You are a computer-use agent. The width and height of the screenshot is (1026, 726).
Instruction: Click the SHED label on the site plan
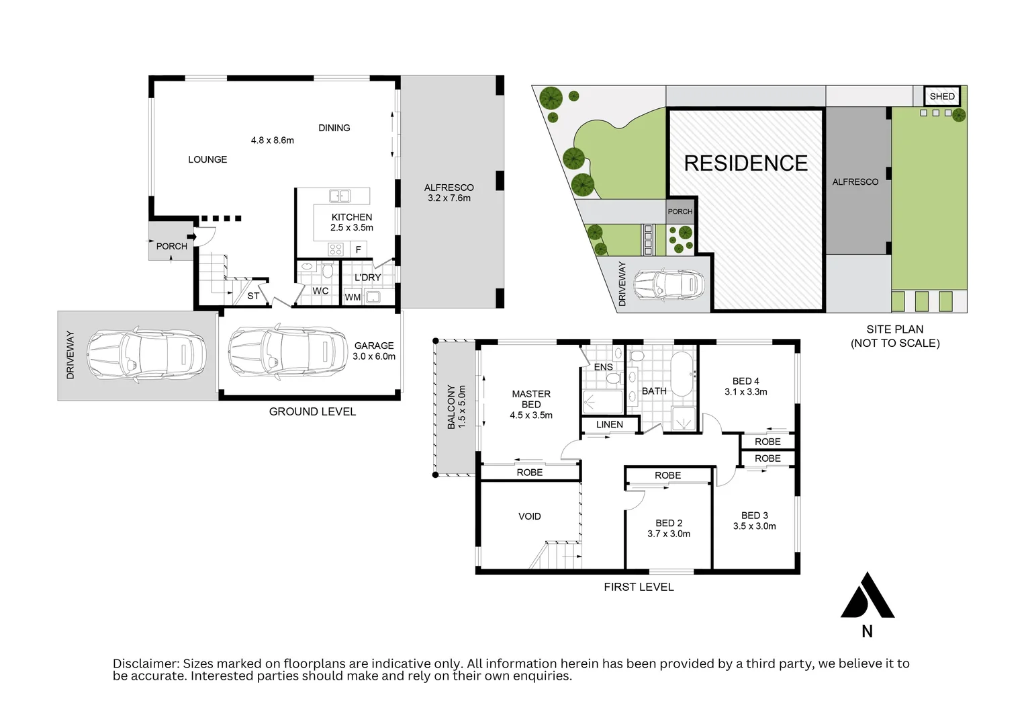coord(941,96)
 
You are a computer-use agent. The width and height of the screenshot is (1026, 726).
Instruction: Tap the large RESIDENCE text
coord(745,163)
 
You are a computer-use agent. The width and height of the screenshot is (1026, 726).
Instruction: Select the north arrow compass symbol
coord(867,596)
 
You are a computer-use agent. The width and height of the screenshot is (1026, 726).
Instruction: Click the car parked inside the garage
coord(281,352)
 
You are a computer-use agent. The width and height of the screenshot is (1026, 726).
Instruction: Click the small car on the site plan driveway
coord(669,284)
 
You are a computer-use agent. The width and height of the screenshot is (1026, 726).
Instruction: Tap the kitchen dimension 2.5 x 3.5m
coord(351,228)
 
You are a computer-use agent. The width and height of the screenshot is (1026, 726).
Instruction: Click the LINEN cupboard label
coord(609,424)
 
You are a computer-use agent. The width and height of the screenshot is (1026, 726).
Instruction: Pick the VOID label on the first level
coord(529,516)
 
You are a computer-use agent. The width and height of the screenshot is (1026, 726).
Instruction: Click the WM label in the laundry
coord(353,297)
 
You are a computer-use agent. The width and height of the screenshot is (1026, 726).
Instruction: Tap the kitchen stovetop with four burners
coord(336,249)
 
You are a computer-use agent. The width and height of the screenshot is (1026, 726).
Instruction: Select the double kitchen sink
coord(340,196)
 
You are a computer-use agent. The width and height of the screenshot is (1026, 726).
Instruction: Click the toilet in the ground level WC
coord(328,270)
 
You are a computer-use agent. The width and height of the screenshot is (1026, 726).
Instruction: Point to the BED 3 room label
coord(754,516)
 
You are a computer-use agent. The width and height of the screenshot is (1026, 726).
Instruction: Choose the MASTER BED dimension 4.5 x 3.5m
coord(530,415)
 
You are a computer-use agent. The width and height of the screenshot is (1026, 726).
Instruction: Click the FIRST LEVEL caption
coord(638,587)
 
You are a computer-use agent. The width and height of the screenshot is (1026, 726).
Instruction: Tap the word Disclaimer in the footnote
coord(146,663)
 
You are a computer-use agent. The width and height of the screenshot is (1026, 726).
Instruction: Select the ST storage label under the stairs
coord(253,296)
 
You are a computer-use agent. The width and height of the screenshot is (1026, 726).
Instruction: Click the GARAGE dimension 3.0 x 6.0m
coord(374,356)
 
